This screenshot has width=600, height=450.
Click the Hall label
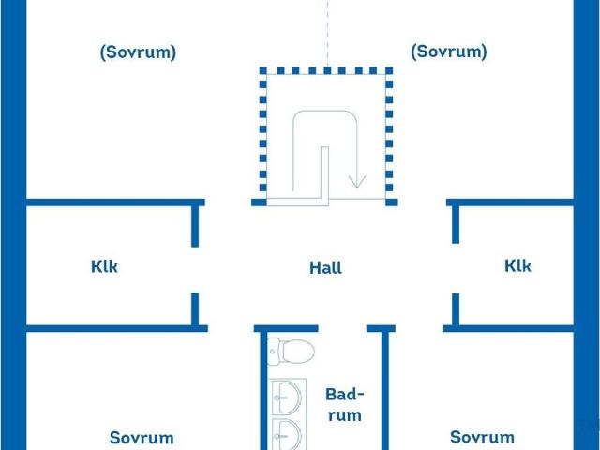point(325,268)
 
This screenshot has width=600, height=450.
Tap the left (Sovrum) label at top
point(138,52)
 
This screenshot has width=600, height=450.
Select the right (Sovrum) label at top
point(449,52)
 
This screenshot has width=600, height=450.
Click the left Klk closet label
point(104,266)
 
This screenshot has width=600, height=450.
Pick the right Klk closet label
point(517,265)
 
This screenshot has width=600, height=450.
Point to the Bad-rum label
point(345,405)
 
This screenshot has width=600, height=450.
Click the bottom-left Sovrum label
point(142,438)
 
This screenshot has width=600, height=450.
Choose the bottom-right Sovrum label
point(482,437)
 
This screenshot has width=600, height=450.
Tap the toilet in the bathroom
point(292,351)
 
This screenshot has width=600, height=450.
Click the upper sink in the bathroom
point(289,397)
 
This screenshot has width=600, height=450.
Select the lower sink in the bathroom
point(289,434)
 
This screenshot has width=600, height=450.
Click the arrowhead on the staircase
point(357,181)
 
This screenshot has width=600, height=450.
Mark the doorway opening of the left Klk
point(195,270)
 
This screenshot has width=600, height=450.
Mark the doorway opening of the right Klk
point(456,268)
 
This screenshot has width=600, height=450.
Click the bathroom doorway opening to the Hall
point(342,328)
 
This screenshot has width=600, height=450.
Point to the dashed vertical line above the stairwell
point(327,34)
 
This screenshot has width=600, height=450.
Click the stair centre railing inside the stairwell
point(324,174)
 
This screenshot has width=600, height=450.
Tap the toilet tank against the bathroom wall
point(273,352)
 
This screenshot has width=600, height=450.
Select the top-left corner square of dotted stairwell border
point(262,71)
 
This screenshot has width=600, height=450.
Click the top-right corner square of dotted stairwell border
point(389,71)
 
